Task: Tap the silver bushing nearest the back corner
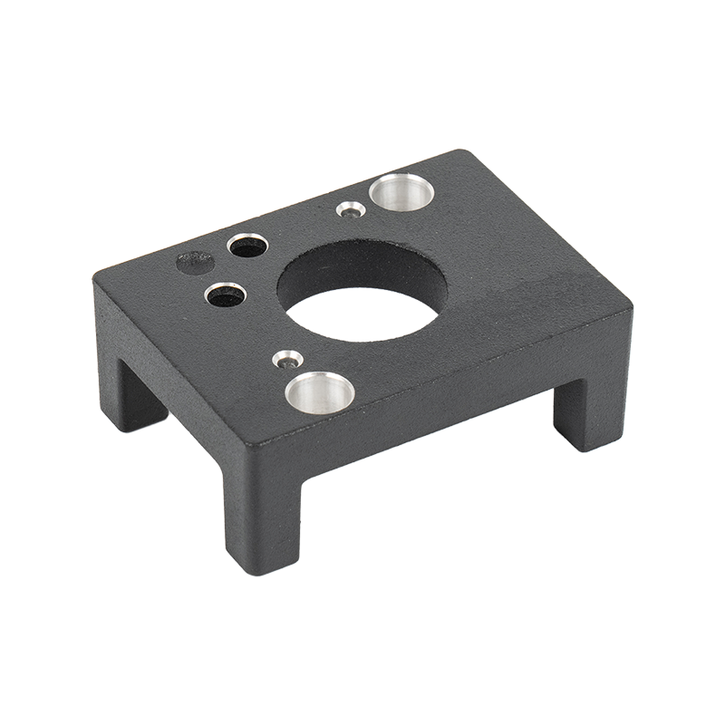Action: pos(401,191)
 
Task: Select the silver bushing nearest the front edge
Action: pos(320,391)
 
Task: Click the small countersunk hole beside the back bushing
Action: pos(351,210)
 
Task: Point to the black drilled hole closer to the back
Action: pos(247,245)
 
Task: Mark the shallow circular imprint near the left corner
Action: pos(194,263)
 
